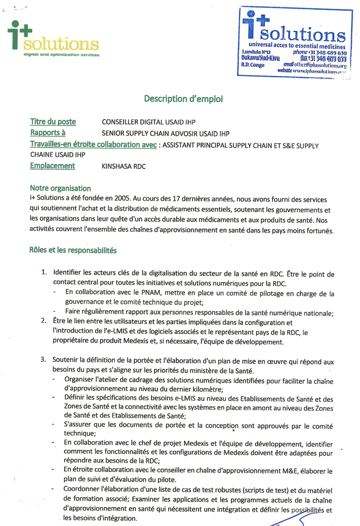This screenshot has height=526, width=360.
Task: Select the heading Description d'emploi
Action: pyautogui.click(x=184, y=98)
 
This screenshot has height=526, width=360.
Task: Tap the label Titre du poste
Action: pyautogui.click(x=53, y=122)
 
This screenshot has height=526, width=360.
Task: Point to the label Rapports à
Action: pyautogui.click(x=51, y=133)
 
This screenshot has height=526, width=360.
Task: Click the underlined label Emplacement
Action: pyautogui.click(x=52, y=166)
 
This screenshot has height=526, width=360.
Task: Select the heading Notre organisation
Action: pyautogui.click(x=60, y=188)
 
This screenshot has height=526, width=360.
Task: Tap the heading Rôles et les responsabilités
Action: pyautogui.click(x=73, y=251)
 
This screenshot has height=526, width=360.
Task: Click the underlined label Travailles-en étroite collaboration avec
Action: pyautogui.click(x=93, y=145)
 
